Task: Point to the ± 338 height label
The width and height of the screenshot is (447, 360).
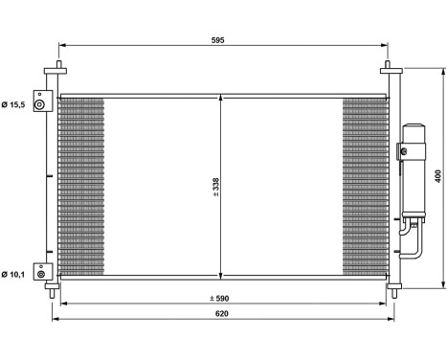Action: click(x=216, y=184)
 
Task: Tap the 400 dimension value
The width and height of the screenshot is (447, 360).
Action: click(x=438, y=176)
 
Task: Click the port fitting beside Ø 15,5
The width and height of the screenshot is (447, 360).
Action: click(x=41, y=103)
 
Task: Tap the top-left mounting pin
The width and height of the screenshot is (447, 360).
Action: click(x=59, y=69)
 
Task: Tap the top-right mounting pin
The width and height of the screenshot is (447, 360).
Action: click(x=389, y=69)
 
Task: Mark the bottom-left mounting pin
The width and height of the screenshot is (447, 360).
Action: click(x=59, y=287)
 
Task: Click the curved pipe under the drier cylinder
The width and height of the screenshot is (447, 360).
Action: click(x=412, y=241)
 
